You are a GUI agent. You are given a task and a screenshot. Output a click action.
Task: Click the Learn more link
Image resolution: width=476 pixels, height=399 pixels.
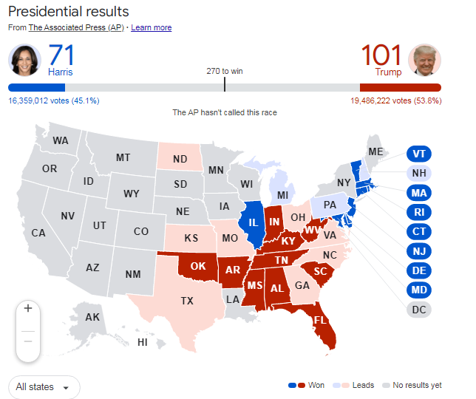pyautogui.click(x=151, y=27)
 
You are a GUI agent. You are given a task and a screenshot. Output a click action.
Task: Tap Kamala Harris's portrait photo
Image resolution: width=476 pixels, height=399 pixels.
pyautogui.click(x=24, y=60)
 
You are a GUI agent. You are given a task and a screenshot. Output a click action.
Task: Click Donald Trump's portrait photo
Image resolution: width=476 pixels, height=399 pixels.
pyautogui.click(x=424, y=60)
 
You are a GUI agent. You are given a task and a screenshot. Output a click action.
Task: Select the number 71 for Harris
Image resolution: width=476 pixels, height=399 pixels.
pyautogui.click(x=61, y=56)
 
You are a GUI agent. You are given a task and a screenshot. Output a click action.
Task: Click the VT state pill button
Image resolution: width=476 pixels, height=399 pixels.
pyautogui.click(x=419, y=154)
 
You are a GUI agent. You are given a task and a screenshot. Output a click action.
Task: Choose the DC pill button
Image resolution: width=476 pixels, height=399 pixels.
pyautogui.click(x=419, y=309)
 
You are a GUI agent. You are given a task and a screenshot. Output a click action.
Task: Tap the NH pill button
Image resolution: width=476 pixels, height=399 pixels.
pyautogui.click(x=419, y=174)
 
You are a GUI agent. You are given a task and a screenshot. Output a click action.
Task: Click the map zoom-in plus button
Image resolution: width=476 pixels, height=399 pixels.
pyautogui.click(x=28, y=308)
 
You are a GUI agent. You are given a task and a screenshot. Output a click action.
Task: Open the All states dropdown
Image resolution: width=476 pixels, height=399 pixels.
pyautogui.click(x=44, y=386)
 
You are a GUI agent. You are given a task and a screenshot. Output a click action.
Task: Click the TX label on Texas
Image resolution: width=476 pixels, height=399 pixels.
pyautogui.click(x=187, y=301)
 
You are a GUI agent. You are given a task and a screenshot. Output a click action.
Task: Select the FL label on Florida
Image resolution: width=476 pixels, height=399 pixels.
pyautogui.click(x=320, y=321)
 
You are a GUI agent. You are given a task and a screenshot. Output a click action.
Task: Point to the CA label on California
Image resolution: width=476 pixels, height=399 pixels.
pyautogui.click(x=38, y=233)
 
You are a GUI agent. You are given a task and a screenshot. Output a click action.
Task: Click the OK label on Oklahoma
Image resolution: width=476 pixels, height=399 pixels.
pyautogui.click(x=199, y=266)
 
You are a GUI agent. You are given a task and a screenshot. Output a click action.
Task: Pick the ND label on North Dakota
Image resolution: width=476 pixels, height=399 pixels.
pyautogui.click(x=180, y=158)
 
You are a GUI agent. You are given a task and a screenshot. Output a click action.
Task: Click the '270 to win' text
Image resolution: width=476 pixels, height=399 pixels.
pyautogui.click(x=225, y=72)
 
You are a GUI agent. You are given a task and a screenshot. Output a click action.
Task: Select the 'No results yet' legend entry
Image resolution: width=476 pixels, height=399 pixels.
pyautogui.click(x=415, y=385)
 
